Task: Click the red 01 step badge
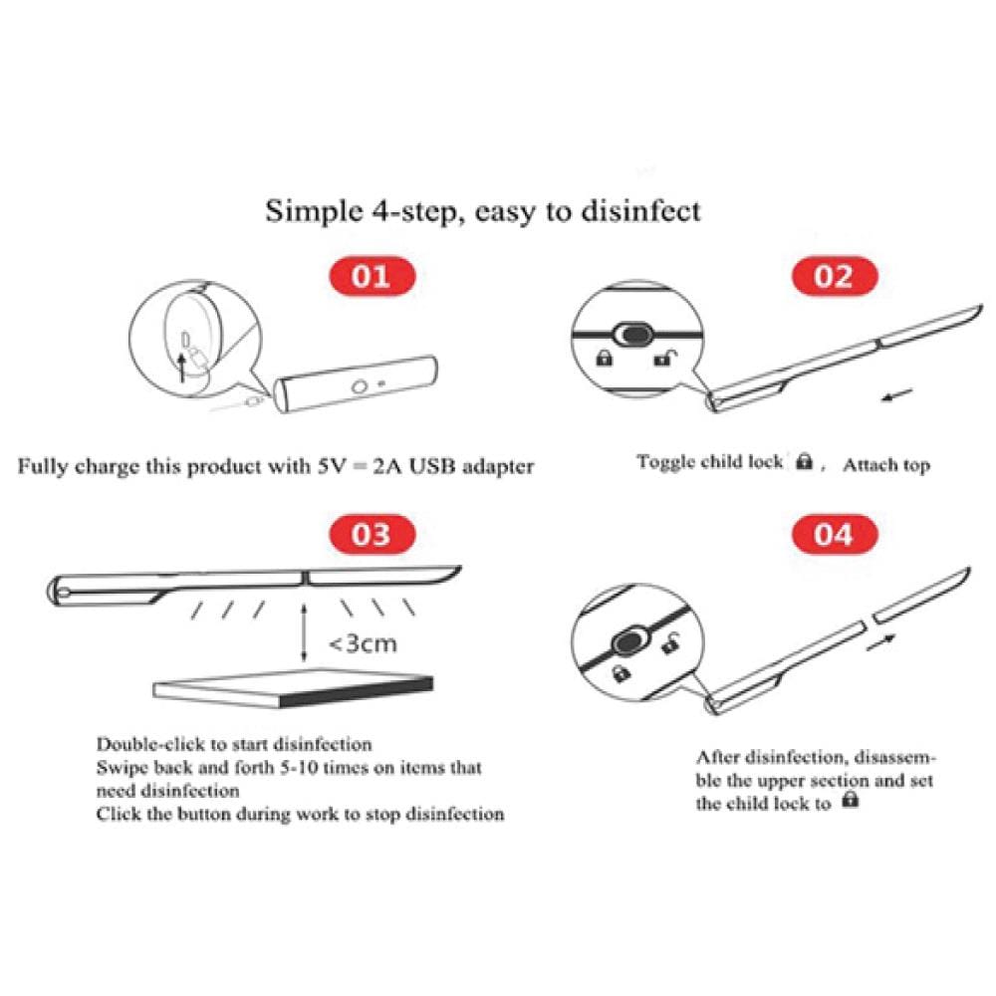coord(372,276)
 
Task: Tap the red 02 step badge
coord(834,276)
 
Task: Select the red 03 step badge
coord(372,534)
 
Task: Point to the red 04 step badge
coord(834,534)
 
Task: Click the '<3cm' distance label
coord(363,643)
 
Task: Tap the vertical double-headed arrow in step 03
coord(304,632)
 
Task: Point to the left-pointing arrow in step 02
coord(897,395)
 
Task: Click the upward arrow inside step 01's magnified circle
coord(182,368)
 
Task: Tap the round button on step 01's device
coord(359,386)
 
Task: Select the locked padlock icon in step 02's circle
coord(605,358)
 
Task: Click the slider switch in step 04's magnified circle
coord(630,641)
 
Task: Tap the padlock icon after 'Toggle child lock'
coord(805,460)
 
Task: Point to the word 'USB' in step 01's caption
coord(432,466)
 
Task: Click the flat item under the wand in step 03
coord(293,688)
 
